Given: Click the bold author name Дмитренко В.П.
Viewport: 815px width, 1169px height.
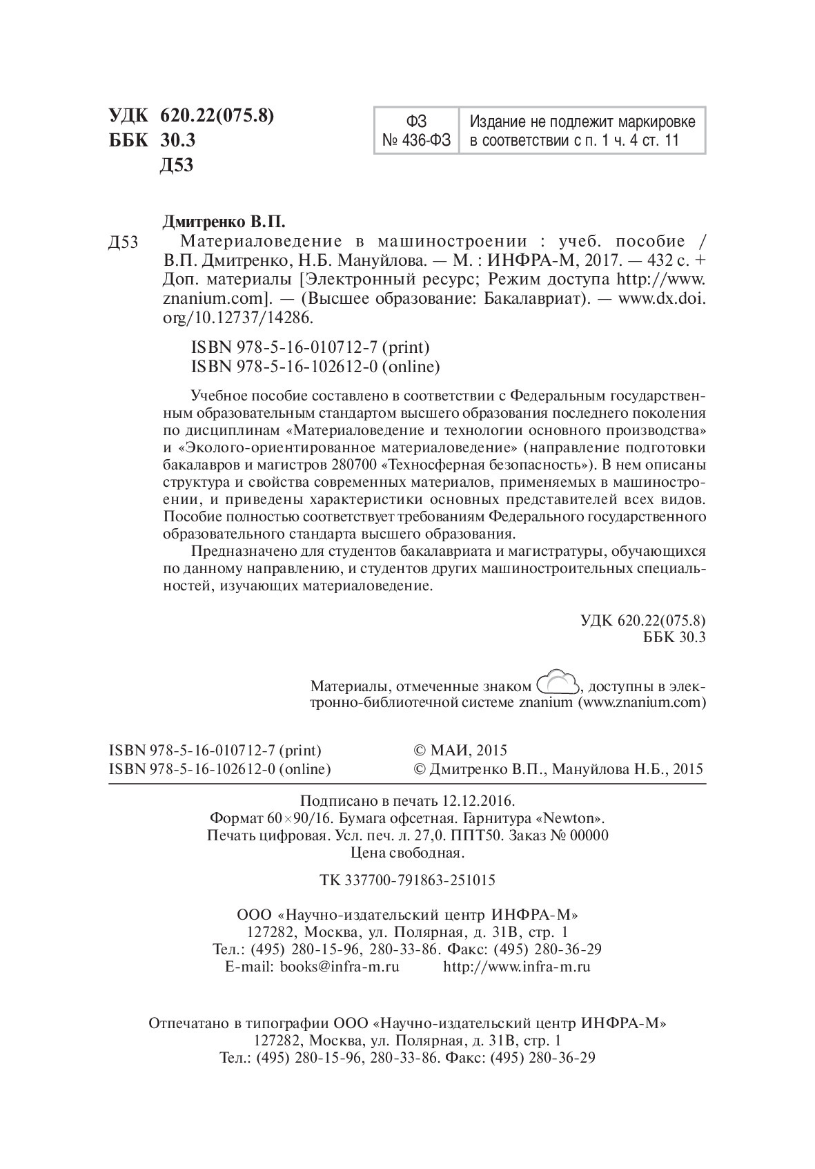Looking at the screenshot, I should tap(223, 222).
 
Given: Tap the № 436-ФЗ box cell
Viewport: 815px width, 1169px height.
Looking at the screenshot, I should tap(416, 141).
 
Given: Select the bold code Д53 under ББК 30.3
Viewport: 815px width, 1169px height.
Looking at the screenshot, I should tap(177, 166).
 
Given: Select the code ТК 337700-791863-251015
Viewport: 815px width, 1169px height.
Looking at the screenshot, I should tap(407, 881).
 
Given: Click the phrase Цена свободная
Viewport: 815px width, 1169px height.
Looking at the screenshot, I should tap(407, 853).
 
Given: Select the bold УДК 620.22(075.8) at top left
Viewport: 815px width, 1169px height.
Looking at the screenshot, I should tap(192, 115).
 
